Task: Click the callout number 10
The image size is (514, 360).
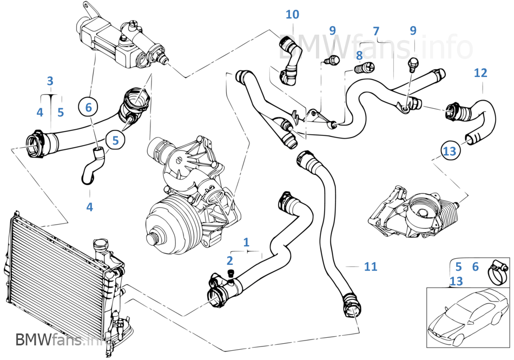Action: tap(292, 15)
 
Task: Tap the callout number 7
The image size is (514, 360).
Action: tap(376, 31)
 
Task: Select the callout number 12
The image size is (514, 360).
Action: tap(480, 73)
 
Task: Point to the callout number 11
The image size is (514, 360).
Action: tap(371, 266)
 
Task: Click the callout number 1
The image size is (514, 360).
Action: tap(246, 243)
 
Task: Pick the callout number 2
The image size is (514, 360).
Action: tap(229, 260)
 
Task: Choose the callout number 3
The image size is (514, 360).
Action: tap(50, 81)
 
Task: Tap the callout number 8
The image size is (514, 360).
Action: tap(359, 56)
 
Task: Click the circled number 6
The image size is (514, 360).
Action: tap(89, 107)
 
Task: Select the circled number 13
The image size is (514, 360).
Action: tap(450, 151)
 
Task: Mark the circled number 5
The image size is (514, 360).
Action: tap(115, 140)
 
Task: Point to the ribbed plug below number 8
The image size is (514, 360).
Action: tap(365, 68)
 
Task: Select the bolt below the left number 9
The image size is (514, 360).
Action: tap(332, 60)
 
